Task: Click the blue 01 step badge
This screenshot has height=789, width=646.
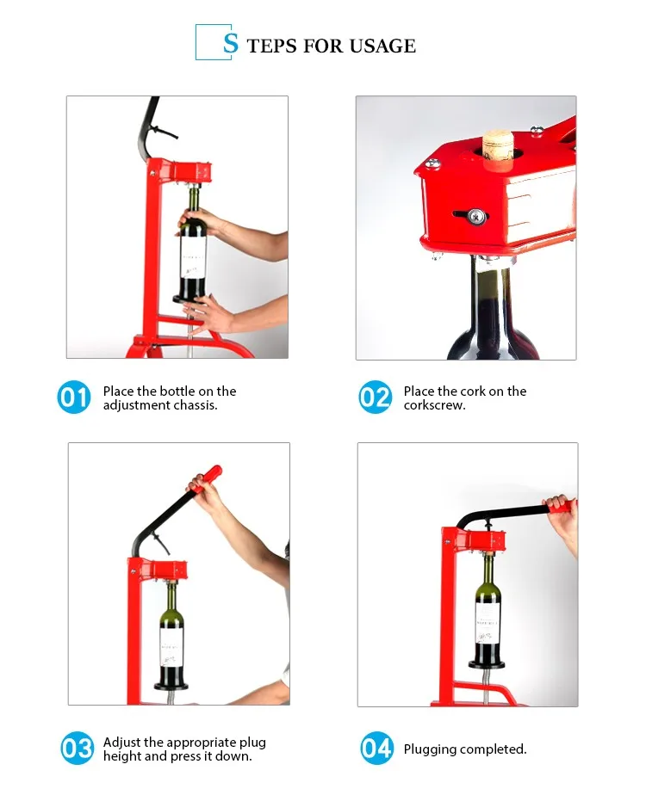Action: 74,398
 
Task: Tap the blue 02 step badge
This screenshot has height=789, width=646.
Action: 375,398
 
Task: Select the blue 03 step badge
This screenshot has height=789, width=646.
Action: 76,749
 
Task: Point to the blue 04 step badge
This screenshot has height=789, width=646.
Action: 376,749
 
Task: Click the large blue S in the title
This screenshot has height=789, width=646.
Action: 230,43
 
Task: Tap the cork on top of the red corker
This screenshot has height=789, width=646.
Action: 497,145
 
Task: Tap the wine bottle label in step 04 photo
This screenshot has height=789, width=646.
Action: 488,619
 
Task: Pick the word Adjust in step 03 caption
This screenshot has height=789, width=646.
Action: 122,742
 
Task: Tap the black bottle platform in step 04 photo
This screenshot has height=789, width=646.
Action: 488,663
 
